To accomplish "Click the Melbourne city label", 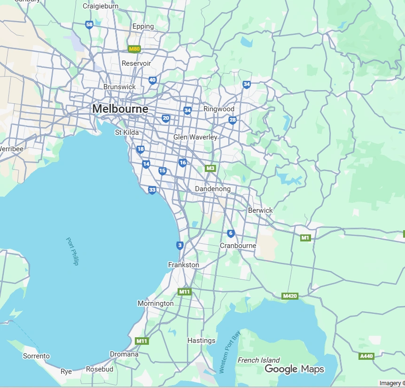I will [120, 109].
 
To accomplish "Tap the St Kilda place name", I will [127, 132].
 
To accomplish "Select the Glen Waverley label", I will [195, 137].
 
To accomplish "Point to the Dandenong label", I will [212, 189].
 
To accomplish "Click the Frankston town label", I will [183, 265].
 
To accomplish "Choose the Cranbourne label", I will [238, 246].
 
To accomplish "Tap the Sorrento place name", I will [36, 356].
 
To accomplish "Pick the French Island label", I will [258, 360].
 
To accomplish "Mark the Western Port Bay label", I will [230, 352].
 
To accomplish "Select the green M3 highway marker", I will [210, 168].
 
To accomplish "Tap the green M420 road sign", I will [289, 296].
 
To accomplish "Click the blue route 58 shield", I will [89, 25].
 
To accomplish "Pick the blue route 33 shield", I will [152, 190].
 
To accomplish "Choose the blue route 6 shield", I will [230, 233].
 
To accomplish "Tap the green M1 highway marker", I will [305, 238].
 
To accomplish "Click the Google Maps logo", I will [294, 369].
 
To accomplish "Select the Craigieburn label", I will [101, 6].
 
